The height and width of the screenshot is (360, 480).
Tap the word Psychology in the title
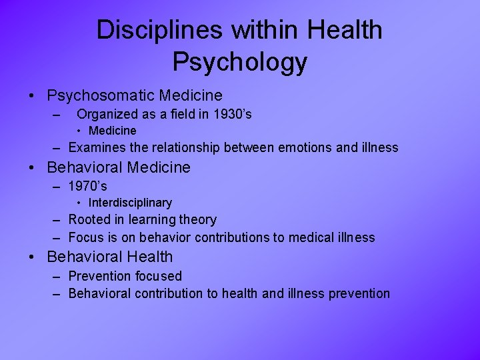point(240,62)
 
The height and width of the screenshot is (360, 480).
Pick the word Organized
point(109,115)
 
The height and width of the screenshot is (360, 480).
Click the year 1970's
point(88,187)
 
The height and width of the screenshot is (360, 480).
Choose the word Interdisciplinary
point(130,203)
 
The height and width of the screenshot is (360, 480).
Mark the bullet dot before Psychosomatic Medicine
point(33,97)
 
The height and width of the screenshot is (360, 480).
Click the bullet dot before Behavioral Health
point(33,257)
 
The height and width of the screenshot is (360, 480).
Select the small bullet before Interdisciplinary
point(79,203)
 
